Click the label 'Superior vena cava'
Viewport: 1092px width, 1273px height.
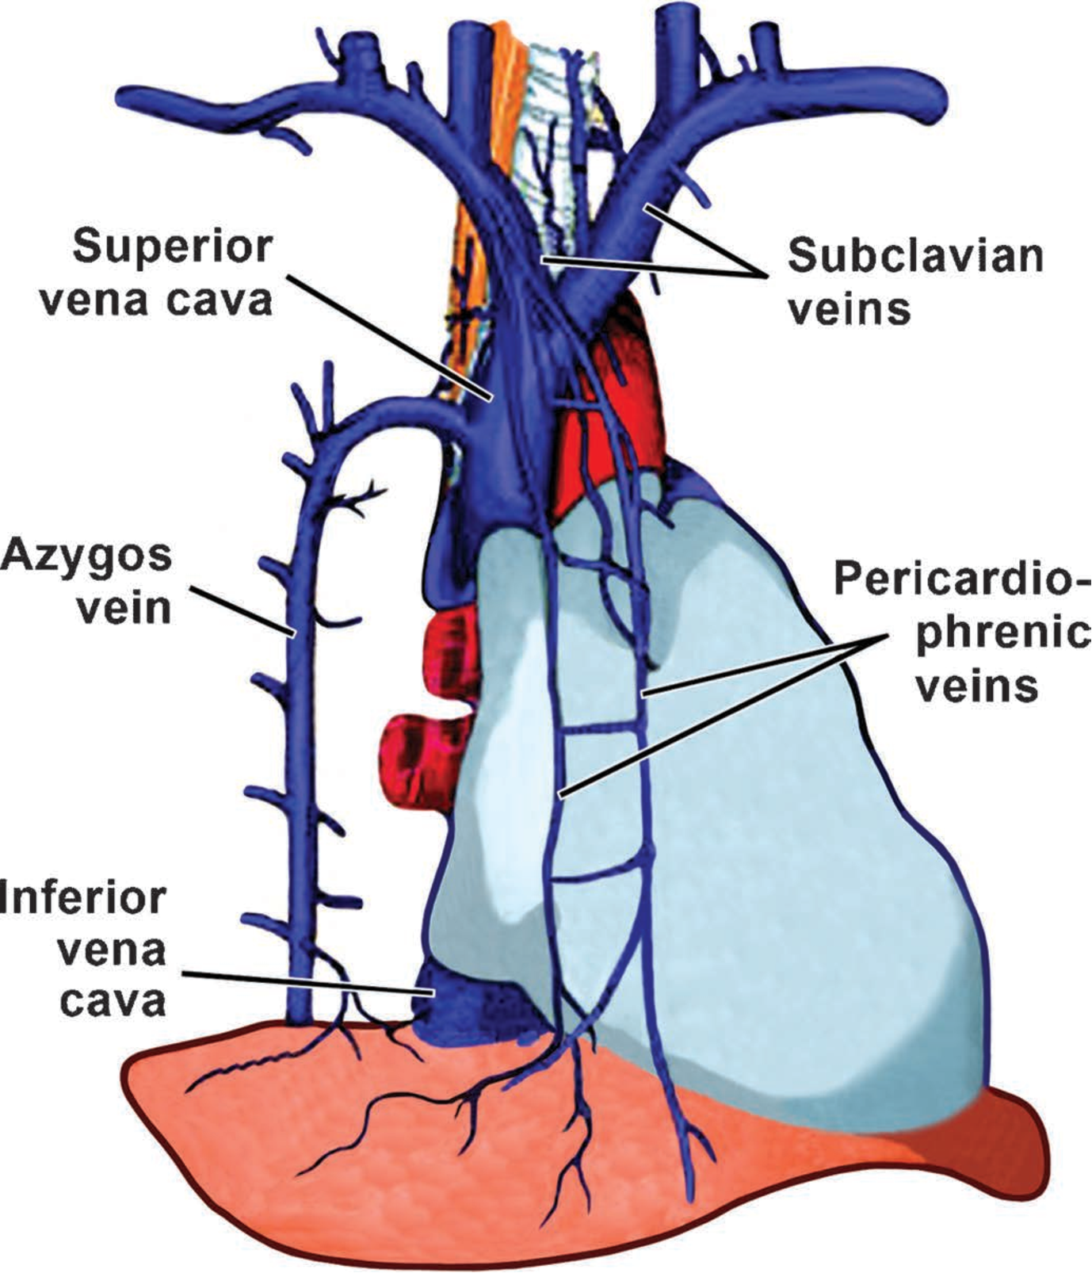tap(173, 273)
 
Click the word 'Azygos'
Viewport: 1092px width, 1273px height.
tap(87, 556)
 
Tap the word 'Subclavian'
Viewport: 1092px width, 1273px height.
tap(914, 256)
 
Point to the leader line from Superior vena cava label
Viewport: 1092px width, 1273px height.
tap(388, 336)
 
